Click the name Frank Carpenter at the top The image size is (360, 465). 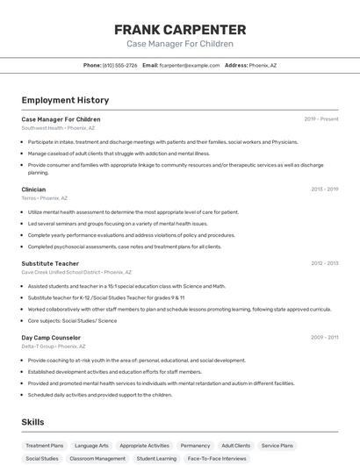pos(180,30)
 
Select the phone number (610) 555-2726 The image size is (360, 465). pos(119,65)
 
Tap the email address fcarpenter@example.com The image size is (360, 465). pos(190,65)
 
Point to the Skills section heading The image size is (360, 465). pos(32,422)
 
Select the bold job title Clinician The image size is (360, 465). pos(33,190)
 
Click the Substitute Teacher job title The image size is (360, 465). pos(50,263)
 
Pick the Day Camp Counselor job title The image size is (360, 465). pos(51,337)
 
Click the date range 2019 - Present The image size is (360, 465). pos(320,119)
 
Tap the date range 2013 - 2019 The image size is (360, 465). pos(324,190)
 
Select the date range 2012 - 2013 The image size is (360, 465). pos(324,263)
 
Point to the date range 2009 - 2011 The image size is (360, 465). pos(324,337)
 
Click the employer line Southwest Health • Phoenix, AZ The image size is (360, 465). pos(58,128)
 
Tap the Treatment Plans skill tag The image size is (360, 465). pos(45,446)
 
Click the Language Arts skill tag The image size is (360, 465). pos(91,446)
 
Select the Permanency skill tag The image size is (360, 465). pos(195,446)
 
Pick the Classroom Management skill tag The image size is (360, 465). pos(97,459)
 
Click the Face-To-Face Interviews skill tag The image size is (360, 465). pos(216,459)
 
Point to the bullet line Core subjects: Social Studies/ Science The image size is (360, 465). pos(72,320)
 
